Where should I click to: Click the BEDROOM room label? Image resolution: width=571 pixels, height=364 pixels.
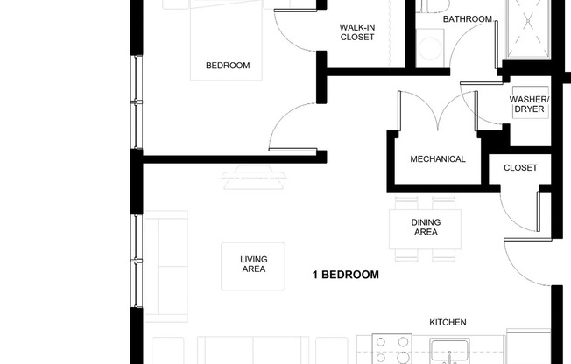(x=227, y=66)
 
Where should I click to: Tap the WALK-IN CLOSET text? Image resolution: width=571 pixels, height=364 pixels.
(x=356, y=32)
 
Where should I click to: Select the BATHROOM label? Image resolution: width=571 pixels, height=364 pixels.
(x=467, y=18)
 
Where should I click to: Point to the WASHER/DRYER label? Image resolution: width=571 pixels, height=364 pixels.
(x=529, y=104)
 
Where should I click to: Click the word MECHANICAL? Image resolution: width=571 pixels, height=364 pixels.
(x=438, y=159)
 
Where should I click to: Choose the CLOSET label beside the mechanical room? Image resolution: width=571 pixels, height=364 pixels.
(x=520, y=167)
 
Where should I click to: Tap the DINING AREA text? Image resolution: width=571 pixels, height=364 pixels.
(x=425, y=227)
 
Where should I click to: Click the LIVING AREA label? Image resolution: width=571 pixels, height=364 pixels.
(x=253, y=264)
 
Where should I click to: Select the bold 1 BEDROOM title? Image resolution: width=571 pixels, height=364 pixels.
(x=346, y=275)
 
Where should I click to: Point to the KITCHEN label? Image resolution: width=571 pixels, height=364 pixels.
(x=447, y=322)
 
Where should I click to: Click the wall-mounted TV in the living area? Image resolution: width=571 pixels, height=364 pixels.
(x=254, y=178)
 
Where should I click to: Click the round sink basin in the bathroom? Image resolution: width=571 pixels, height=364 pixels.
(x=430, y=47)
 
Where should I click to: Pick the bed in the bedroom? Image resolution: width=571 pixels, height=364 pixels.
(x=227, y=39)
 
